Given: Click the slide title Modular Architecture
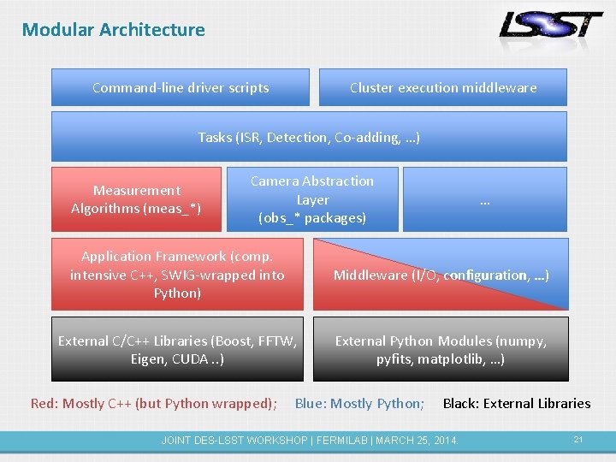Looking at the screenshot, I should [x=114, y=30].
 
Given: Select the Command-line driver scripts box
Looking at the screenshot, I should [x=181, y=87].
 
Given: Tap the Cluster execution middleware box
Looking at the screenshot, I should [x=443, y=87].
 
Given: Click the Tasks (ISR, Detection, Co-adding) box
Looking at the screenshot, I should [x=309, y=137].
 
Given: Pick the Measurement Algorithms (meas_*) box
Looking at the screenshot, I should [x=136, y=199].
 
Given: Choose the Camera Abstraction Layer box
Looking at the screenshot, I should [x=312, y=199].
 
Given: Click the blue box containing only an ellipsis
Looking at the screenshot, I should [x=485, y=199].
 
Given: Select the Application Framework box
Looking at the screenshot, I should [x=177, y=275].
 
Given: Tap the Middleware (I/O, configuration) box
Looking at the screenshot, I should [x=441, y=275].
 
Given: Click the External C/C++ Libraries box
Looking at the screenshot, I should [x=177, y=350].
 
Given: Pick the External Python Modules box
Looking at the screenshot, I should [x=441, y=350].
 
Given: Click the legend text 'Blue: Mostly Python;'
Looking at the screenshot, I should [x=359, y=404].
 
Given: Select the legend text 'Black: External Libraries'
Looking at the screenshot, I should [x=517, y=404].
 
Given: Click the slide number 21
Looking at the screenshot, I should [x=578, y=440].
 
